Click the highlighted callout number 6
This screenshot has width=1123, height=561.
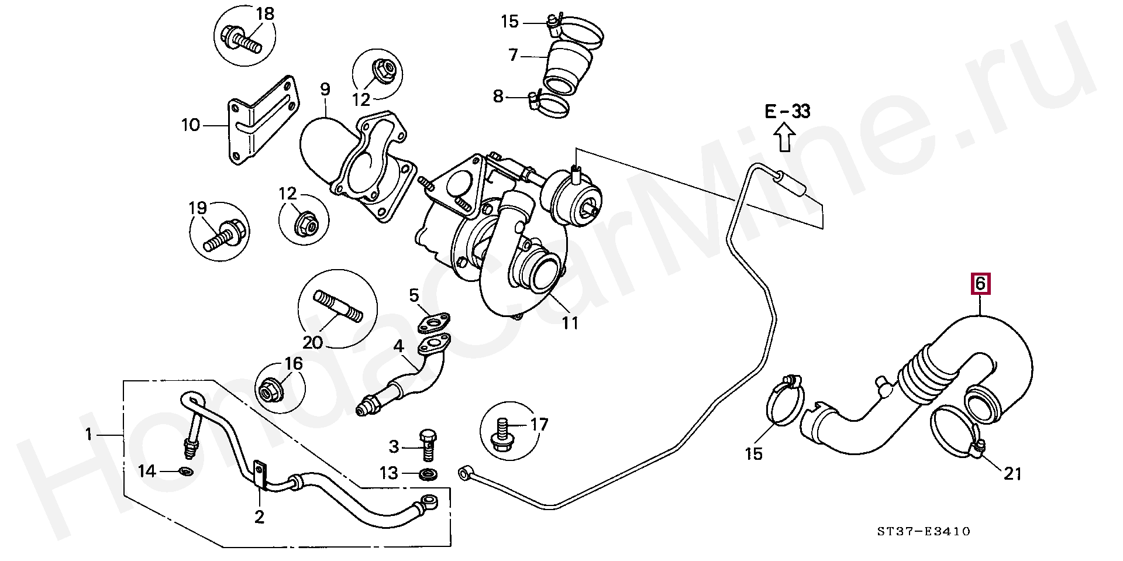(x=980, y=284)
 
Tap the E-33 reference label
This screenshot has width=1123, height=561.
(x=788, y=111)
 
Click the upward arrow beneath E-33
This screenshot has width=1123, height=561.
(x=785, y=139)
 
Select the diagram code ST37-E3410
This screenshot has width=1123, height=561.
(x=923, y=531)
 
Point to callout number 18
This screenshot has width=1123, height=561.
(x=265, y=13)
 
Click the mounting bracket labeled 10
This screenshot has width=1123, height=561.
(x=257, y=126)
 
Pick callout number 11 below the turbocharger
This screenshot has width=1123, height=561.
(x=570, y=322)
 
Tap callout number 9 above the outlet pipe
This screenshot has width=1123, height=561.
(x=325, y=90)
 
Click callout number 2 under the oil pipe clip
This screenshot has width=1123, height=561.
(x=259, y=517)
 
